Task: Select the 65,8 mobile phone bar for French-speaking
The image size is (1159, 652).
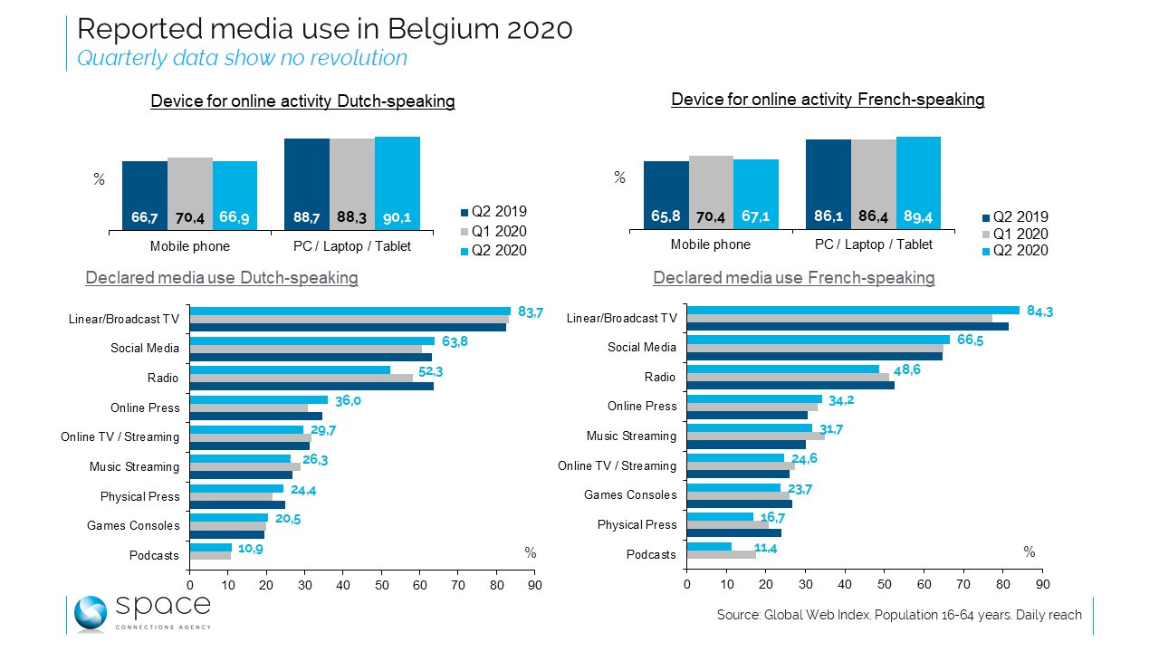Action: click(x=666, y=195)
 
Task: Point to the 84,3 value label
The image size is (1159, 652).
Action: click(x=1038, y=312)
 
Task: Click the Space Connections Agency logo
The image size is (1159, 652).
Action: click(x=141, y=613)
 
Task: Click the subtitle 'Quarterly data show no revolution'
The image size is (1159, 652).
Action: click(x=242, y=58)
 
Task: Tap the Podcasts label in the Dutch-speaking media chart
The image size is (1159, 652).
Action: click(x=155, y=555)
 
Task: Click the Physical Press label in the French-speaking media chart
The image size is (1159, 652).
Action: click(x=637, y=524)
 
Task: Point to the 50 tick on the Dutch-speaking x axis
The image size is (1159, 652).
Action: click(x=381, y=586)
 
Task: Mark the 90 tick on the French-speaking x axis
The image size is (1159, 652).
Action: click(x=1042, y=585)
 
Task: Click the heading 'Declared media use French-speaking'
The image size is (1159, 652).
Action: click(x=793, y=278)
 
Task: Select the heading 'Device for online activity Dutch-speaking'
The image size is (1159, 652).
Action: click(x=302, y=101)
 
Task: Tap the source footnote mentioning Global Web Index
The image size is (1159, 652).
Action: click(x=899, y=615)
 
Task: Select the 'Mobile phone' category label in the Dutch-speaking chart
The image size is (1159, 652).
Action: click(x=189, y=246)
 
